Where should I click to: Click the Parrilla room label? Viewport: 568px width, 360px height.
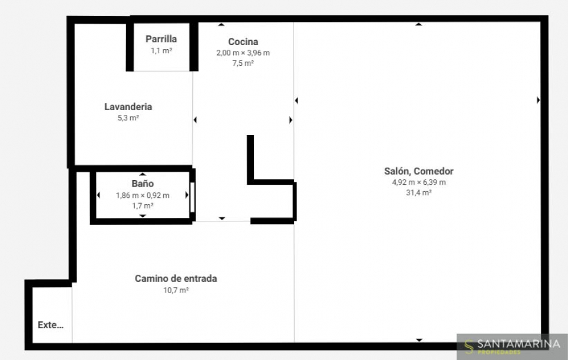[x=161, y=39]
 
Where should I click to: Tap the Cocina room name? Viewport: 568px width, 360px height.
[x=243, y=41]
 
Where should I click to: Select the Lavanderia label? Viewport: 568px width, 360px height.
[x=128, y=107]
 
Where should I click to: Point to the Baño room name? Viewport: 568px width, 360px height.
[x=143, y=184]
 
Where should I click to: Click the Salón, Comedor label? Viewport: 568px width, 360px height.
[x=419, y=171]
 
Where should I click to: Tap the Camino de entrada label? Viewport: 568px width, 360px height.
[x=176, y=278]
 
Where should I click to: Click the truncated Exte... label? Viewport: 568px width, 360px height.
[x=51, y=325]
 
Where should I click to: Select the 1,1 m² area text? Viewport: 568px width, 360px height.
[x=161, y=50]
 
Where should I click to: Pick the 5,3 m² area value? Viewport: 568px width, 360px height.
[x=128, y=118]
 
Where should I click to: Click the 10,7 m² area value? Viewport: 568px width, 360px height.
[x=176, y=290]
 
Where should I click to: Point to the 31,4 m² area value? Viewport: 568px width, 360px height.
[x=419, y=193]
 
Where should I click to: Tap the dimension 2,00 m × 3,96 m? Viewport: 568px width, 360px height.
[x=243, y=53]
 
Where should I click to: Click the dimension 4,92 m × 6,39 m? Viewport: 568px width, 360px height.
[x=419, y=182]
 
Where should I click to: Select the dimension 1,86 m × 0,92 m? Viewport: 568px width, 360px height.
[x=143, y=195]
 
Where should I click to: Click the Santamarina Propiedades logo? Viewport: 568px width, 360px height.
[x=512, y=346]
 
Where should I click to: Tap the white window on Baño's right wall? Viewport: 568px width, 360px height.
[x=192, y=197]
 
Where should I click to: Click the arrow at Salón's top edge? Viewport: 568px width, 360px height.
[x=419, y=24]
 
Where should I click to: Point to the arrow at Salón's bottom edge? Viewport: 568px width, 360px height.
[x=419, y=340]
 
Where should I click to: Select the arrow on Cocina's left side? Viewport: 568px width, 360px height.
[x=195, y=120]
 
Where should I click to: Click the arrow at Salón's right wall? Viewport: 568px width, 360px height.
[x=538, y=100]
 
